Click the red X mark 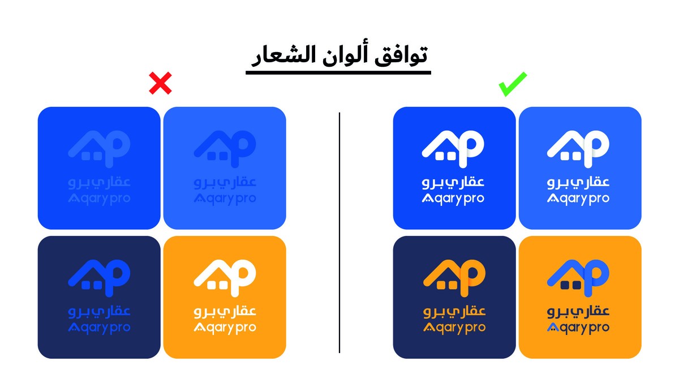point(160,84)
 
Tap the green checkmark point(512,84)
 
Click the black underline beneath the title point(338,72)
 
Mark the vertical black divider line point(339,232)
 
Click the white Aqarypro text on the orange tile point(225,328)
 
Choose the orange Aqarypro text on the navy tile point(454,328)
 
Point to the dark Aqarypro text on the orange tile point(580,328)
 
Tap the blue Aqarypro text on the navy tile point(99,328)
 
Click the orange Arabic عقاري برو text point(454,311)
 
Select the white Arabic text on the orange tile point(225,311)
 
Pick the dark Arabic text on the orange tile point(580,311)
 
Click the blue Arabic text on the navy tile point(99,311)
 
